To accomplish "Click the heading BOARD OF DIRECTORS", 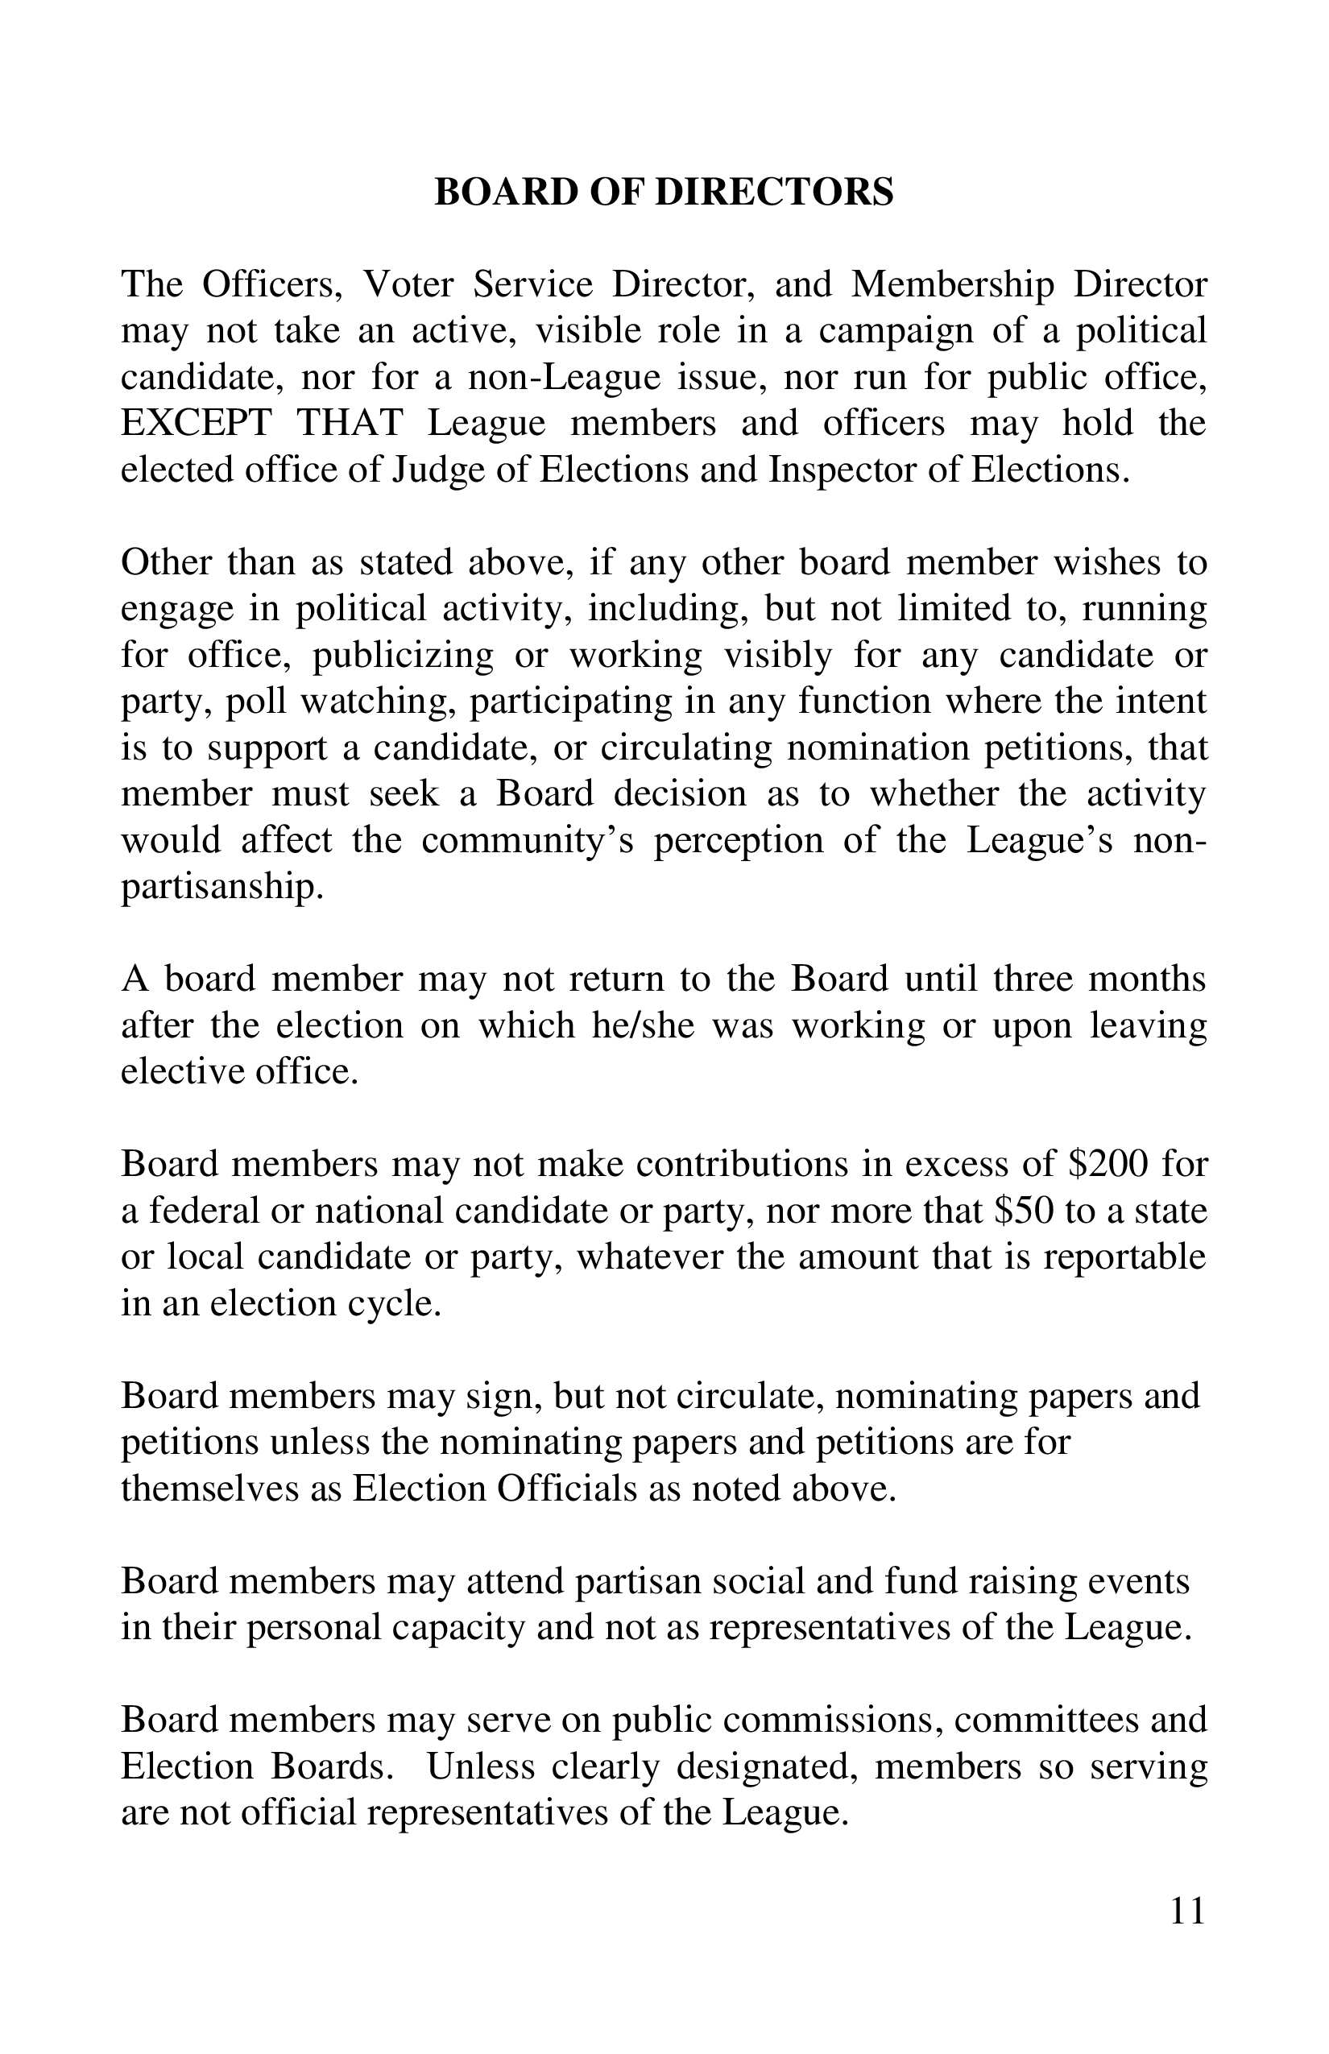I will [x=664, y=192].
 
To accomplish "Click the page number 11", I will [x=1186, y=1911].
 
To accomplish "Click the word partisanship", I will [x=221, y=887].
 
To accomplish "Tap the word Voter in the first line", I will [x=408, y=285].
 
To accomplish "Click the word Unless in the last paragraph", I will [x=480, y=1766].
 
